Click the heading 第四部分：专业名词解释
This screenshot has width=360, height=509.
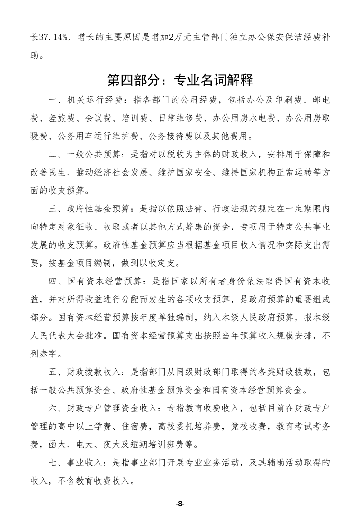point(180,81)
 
